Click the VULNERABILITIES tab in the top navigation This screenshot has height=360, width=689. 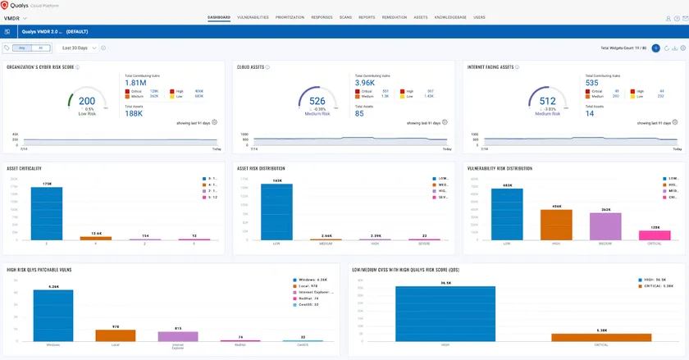pos(253,16)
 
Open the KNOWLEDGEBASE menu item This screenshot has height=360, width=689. pos(452,16)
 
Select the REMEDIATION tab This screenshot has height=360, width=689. pos(394,16)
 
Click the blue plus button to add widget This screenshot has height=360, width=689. pos(655,48)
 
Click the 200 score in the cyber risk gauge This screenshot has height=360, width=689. pos(86,102)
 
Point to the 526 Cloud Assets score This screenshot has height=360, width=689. pos(317,102)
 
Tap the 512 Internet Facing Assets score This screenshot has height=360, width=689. pos(547,102)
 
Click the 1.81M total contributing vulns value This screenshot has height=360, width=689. pos(135,83)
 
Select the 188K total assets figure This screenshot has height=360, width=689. pos(134,113)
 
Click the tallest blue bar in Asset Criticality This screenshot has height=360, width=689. pos(47,213)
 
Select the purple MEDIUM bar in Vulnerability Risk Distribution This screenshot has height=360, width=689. pos(605,226)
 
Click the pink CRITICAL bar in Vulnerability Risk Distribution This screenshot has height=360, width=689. pos(654,235)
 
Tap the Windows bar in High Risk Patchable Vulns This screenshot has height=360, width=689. pos(53,315)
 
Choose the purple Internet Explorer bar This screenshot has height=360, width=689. pos(178,335)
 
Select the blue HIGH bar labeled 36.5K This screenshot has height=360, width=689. pos(445,313)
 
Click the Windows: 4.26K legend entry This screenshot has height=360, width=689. pos(313,280)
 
